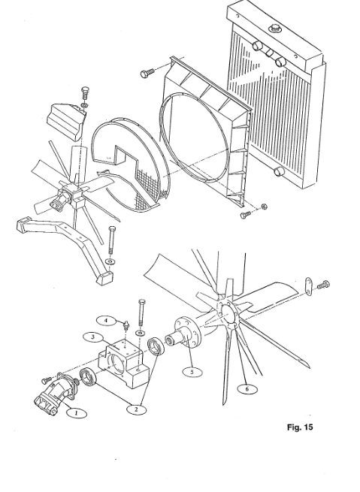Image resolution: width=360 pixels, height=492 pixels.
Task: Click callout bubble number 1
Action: click(76, 413)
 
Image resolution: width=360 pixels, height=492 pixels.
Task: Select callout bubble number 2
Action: click(136, 409)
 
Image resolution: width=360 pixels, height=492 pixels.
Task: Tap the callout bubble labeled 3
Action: click(93, 337)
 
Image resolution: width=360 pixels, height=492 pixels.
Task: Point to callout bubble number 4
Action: click(106, 321)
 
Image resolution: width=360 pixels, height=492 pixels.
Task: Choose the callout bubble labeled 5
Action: click(192, 372)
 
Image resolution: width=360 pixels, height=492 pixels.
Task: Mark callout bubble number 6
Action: click(247, 389)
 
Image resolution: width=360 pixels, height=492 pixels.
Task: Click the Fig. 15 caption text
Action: click(300, 427)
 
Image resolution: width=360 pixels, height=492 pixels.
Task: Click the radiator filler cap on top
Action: click(275, 29)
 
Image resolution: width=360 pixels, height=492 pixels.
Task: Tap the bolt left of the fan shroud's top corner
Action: click(147, 73)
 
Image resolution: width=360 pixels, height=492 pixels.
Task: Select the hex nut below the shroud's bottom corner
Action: click(265, 206)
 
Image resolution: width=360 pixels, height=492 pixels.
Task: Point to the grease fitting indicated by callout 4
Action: click(126, 325)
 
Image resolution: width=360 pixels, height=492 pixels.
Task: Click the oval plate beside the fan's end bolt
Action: click(308, 286)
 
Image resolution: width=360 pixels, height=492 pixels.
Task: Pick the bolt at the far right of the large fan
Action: click(323, 285)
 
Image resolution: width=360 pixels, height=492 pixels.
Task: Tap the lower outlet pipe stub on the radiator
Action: click(278, 171)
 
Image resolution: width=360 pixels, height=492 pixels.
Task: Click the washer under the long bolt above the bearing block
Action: click(140, 333)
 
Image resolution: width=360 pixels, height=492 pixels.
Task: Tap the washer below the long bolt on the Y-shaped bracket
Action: click(110, 261)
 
